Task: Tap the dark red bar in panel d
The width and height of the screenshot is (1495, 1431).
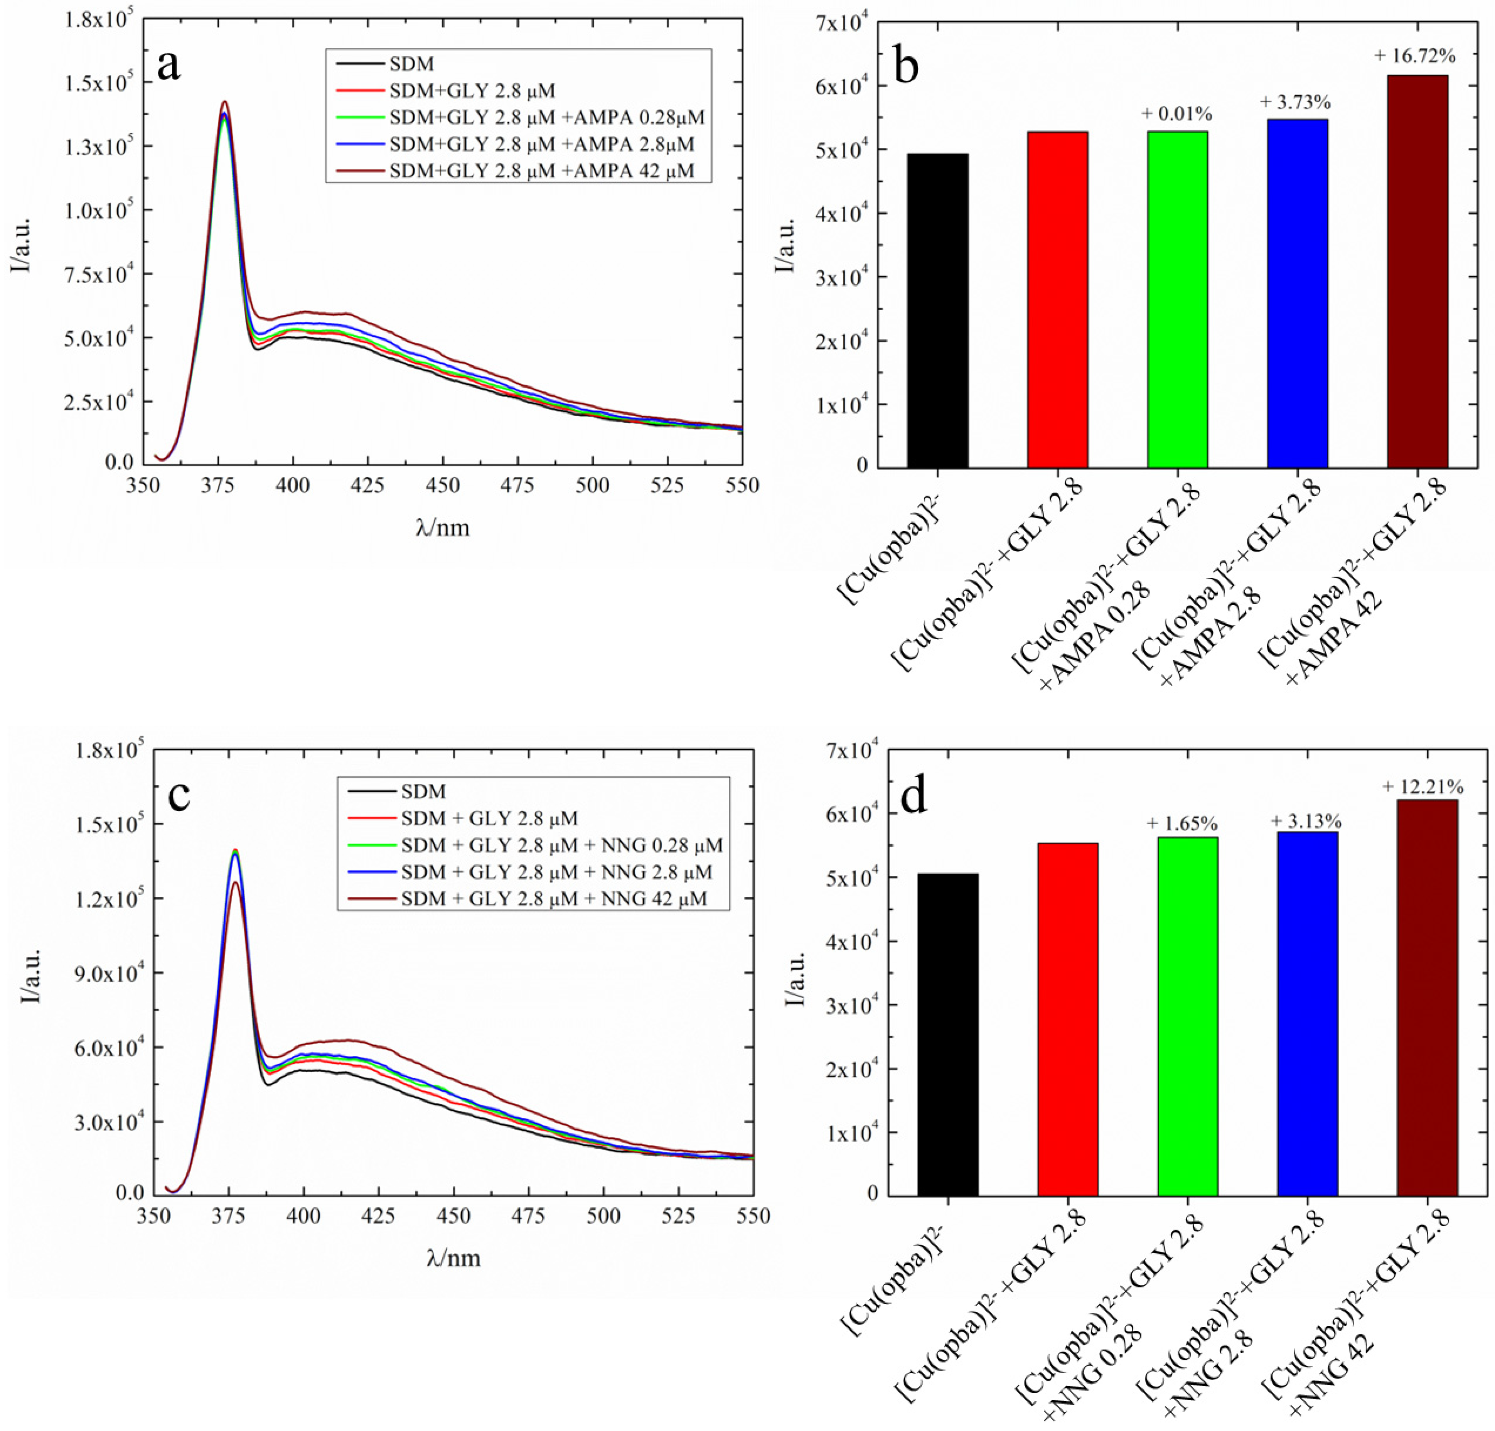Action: click(1427, 997)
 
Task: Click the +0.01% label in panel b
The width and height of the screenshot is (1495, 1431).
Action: click(1177, 115)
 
